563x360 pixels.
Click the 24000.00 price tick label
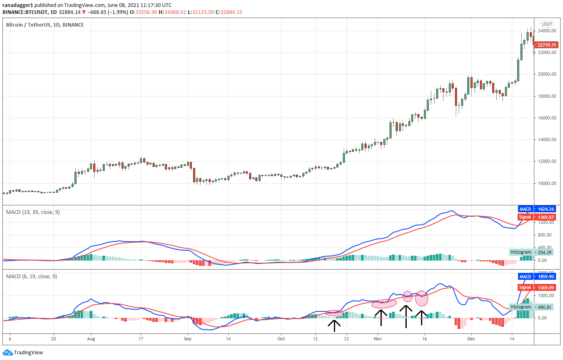click(547, 31)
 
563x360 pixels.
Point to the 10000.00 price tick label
click(547, 183)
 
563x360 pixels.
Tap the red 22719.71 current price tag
click(546, 45)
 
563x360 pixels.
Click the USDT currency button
click(547, 24)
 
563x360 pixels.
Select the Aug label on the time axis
click(91, 339)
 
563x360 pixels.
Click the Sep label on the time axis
click(187, 339)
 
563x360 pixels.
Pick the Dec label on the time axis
click(471, 339)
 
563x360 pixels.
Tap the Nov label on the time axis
click(378, 339)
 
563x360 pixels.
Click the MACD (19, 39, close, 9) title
click(33, 212)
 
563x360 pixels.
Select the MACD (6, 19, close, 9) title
click(32, 277)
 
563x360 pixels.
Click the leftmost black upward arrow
click(334, 325)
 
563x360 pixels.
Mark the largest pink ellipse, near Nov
click(384, 304)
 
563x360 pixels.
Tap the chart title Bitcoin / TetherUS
click(45, 25)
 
